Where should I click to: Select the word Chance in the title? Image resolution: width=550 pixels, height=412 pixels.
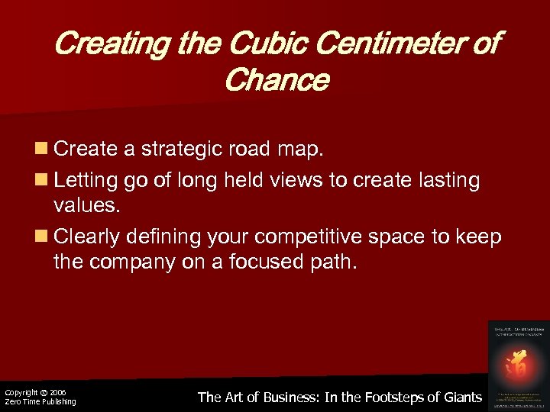point(277,79)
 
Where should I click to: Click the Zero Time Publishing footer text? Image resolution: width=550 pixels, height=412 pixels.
point(40,402)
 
